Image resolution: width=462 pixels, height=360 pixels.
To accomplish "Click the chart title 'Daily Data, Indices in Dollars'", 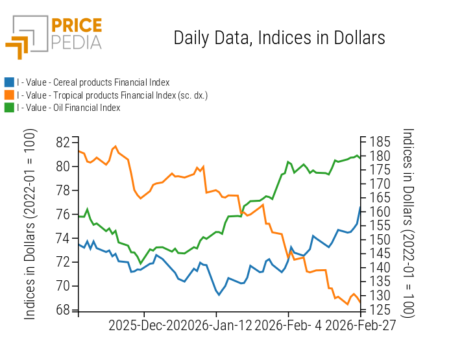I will (279, 38).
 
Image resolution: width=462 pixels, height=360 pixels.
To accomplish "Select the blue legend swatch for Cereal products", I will (9, 82).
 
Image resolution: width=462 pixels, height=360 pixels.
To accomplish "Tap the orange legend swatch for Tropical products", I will (9, 95).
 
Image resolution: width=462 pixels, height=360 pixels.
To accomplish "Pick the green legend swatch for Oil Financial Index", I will (9, 108).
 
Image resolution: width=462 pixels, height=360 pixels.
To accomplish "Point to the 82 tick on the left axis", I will (63, 142).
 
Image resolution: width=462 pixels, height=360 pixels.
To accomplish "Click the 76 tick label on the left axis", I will (63, 214).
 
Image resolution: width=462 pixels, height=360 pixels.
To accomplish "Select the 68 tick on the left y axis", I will (63, 310).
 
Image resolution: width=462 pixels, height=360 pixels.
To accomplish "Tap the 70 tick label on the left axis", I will (63, 286).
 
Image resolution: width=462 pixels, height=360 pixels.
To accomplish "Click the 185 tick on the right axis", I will (380, 142).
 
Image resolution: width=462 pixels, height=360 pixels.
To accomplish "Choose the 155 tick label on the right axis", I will (380, 226).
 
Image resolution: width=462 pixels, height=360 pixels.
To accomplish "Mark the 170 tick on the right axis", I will (380, 184).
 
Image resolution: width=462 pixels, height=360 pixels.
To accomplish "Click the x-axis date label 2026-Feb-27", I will (360, 326).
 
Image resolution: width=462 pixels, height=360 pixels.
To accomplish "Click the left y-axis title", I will (30, 224).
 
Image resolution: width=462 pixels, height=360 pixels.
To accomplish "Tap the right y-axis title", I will (407, 222).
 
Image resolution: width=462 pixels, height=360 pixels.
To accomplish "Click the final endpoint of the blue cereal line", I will (360, 207).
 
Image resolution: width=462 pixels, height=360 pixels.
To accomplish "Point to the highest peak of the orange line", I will (115, 146).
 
